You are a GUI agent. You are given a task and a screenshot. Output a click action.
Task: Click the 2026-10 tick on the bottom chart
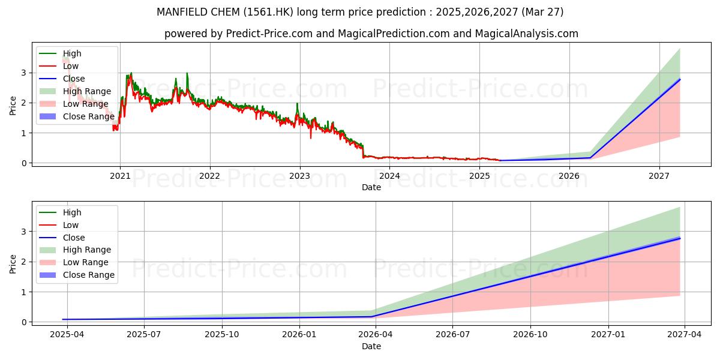coord(531,334)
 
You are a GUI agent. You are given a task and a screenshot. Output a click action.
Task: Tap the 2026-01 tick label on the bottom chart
coord(299,334)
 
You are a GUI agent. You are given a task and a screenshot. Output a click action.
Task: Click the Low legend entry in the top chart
coord(71,66)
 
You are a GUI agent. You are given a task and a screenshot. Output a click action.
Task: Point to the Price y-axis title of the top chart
coord(13,106)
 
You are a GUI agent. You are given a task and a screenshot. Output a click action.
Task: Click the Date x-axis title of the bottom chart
coord(371,346)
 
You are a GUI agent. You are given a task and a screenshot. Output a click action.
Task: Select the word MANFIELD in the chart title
coord(179,12)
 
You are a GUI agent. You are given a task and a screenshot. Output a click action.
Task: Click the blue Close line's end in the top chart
coord(680,79)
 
